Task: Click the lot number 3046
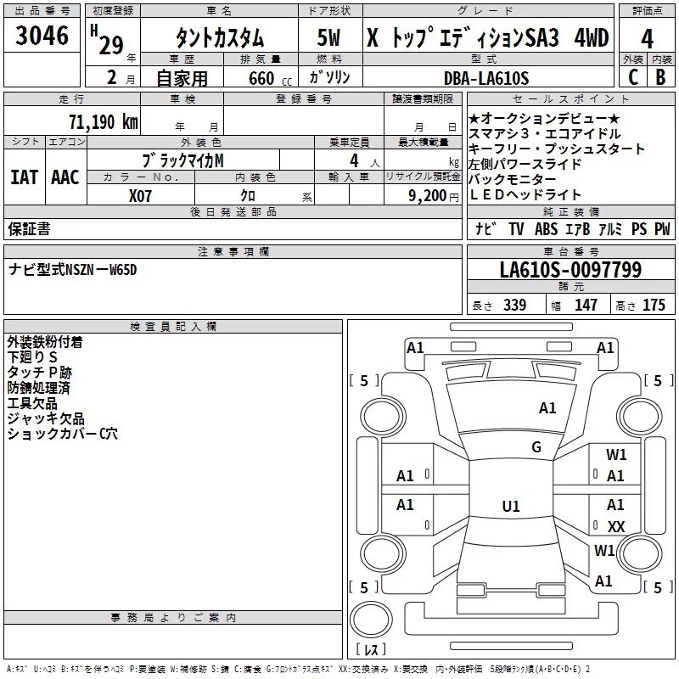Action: coord(42,35)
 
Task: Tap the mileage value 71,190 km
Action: coord(104,121)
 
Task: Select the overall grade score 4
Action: coord(647,39)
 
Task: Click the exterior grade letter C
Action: coord(633,77)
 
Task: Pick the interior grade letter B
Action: coord(660,77)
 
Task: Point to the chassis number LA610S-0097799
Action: coord(570,269)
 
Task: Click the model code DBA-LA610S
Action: coord(486,78)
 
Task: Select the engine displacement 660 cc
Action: coord(270,78)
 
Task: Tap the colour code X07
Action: coord(140,196)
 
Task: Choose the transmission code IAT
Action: coord(25,177)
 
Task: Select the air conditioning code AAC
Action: coord(65,177)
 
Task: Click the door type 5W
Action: coord(328,37)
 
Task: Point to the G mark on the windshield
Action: coord(536,447)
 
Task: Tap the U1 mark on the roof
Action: coord(511,506)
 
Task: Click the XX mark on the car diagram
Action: coord(616,526)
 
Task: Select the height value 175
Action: coord(654,305)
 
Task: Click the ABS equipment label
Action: coord(546,229)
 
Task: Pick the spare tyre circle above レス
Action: coord(371,620)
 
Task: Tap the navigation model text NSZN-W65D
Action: coord(100,270)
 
